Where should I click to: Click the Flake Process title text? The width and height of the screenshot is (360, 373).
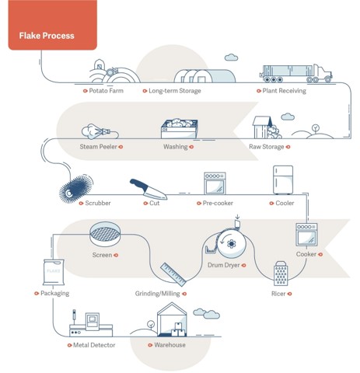(47, 36)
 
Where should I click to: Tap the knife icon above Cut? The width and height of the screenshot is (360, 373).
(149, 190)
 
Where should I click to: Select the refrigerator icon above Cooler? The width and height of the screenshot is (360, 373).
(283, 180)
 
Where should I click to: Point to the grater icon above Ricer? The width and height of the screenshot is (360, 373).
(281, 274)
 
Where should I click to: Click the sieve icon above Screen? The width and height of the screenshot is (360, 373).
(105, 234)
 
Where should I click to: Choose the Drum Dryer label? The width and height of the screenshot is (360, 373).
(224, 265)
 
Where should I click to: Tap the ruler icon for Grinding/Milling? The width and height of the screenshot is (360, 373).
(173, 274)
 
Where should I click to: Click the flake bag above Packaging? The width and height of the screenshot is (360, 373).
(54, 273)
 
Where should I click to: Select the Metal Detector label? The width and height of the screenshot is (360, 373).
(94, 345)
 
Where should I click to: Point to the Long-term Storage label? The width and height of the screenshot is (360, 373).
(175, 91)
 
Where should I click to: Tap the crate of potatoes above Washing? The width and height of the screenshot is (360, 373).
(180, 128)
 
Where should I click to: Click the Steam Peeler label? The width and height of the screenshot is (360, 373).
(98, 147)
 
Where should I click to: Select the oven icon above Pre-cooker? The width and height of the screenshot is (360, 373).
(215, 183)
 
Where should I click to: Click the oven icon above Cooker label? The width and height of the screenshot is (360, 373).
(306, 235)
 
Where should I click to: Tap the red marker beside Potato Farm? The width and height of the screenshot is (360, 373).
(85, 91)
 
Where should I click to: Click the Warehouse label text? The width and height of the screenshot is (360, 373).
(170, 345)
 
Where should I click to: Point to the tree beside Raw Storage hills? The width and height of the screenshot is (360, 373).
(316, 129)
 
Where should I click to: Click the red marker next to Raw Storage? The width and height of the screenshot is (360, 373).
(288, 147)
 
